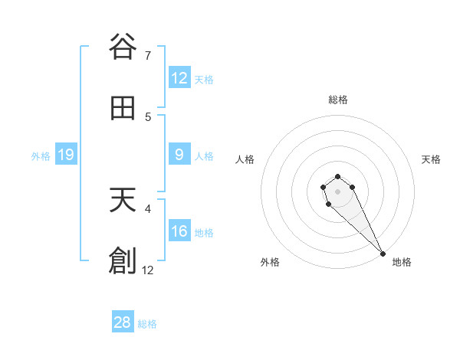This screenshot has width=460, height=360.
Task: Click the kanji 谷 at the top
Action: (123, 47)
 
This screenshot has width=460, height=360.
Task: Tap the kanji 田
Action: (123, 109)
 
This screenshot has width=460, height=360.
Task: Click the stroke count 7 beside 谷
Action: (148, 56)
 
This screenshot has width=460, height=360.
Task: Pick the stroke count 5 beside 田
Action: (148, 117)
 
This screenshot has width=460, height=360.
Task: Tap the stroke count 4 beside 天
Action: (148, 208)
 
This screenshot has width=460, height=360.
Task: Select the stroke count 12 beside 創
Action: (148, 270)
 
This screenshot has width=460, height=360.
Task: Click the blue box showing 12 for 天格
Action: (179, 78)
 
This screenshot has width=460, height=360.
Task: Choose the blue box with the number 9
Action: (179, 155)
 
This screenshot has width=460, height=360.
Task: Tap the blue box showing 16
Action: (179, 231)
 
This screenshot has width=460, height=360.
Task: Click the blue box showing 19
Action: (66, 155)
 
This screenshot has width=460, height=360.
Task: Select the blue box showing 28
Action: (123, 322)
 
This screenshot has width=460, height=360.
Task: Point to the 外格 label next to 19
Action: (41, 156)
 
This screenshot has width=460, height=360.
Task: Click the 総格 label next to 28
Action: (147, 324)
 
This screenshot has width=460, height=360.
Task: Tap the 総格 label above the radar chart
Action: (338, 100)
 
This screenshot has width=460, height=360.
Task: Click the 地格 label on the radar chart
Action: (402, 262)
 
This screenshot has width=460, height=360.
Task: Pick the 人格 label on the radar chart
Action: (245, 159)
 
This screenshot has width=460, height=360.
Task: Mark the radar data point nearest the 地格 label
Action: (383, 254)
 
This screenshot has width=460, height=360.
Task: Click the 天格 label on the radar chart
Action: (431, 159)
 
